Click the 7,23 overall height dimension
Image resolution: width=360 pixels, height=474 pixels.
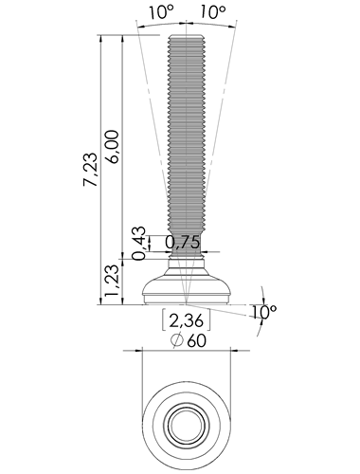point(91,170)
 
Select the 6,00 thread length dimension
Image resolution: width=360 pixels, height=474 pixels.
point(113,146)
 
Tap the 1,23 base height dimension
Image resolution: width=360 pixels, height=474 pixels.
point(113,281)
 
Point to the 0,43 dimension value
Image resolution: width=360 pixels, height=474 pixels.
point(139,243)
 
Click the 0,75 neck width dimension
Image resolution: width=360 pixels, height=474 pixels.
point(183,243)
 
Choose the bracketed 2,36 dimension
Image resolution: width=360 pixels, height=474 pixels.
point(187,320)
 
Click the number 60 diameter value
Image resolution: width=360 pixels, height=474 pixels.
point(196,341)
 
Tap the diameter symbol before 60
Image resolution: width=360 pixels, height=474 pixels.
point(177,341)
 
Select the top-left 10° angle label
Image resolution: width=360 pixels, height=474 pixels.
point(161,12)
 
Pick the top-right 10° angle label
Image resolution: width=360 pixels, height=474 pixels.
point(213,12)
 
